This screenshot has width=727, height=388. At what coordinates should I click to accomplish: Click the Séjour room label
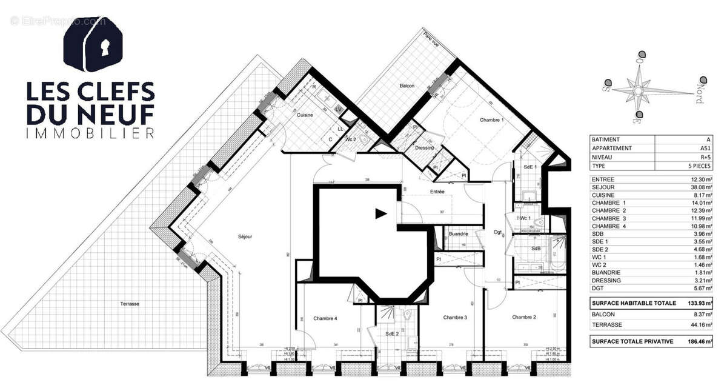click(245, 236)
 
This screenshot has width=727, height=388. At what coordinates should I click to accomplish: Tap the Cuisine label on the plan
click(305, 115)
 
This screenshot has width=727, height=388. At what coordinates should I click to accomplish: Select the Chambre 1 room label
click(492, 120)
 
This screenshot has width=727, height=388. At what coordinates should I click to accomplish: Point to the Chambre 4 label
click(325, 318)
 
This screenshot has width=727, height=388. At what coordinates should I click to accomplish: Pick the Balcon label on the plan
click(407, 86)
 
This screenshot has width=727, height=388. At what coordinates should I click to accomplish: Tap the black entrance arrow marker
click(380, 213)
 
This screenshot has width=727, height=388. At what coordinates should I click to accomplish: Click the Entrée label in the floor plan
click(437, 192)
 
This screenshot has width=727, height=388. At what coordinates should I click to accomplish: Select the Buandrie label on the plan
click(459, 233)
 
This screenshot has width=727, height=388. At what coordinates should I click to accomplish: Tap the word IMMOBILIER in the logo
click(90, 132)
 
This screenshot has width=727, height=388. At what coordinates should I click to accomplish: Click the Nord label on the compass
click(699, 96)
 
